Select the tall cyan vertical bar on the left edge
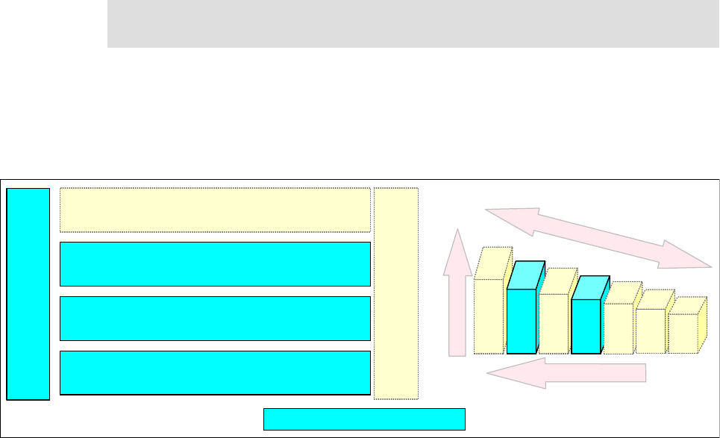(x=28, y=294)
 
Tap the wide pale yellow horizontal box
(x=215, y=210)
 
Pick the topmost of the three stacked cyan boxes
(x=215, y=263)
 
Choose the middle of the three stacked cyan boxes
(x=215, y=318)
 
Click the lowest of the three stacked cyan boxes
(x=215, y=372)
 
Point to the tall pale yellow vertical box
(x=396, y=294)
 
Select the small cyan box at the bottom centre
(x=364, y=419)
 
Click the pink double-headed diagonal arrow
(x=598, y=237)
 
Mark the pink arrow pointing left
(x=567, y=372)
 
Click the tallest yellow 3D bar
(x=489, y=313)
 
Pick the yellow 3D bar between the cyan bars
(x=554, y=322)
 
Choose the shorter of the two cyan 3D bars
(x=586, y=326)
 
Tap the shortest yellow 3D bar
(x=682, y=333)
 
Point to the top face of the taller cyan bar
(x=527, y=275)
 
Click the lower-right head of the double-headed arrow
(x=690, y=257)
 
